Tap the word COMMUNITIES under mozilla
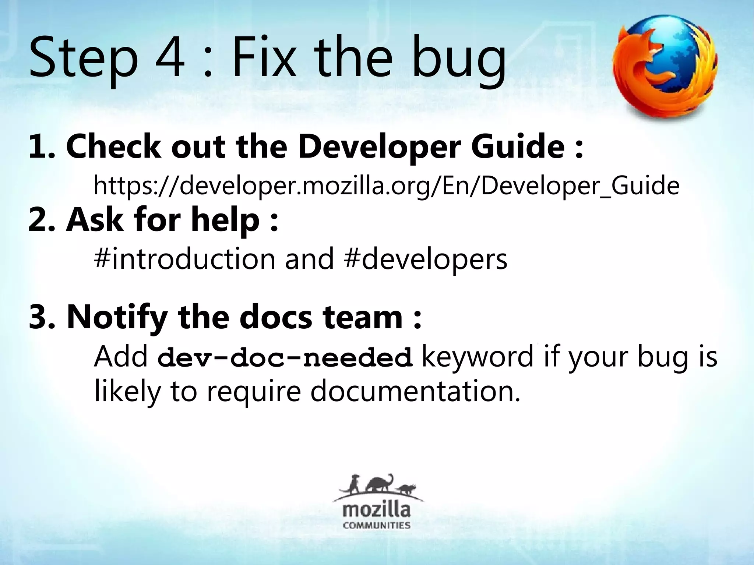coord(377,525)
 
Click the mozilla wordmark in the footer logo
coord(377,511)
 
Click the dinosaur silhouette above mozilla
coord(379,483)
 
